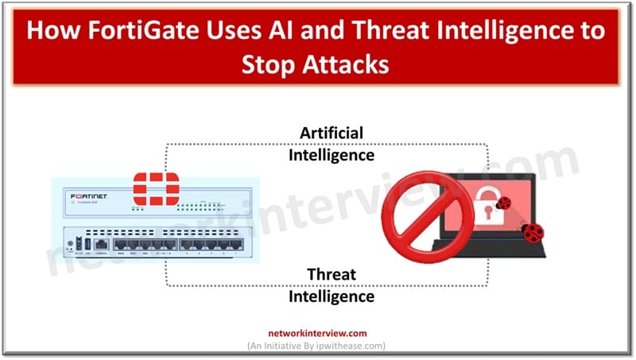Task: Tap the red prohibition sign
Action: pos(422,216)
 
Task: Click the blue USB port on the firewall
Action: pos(84,245)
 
